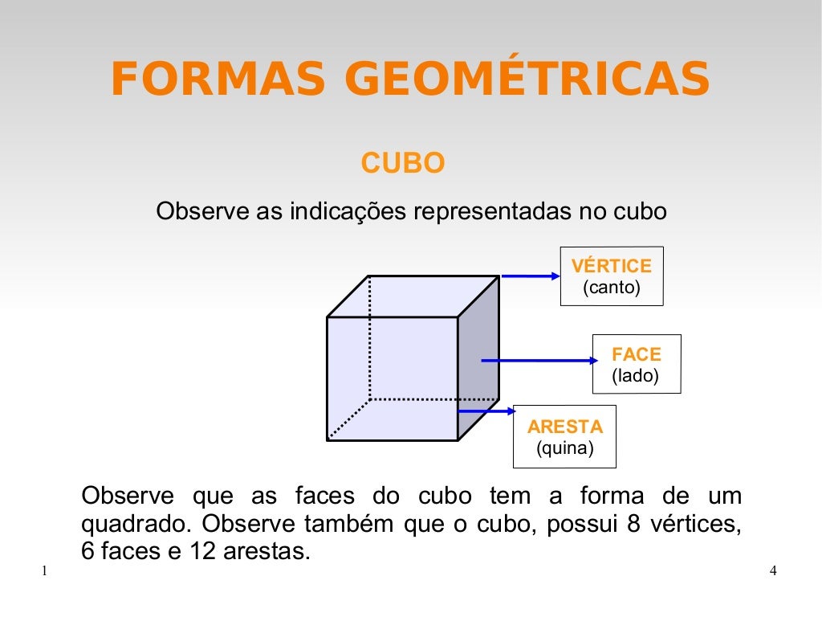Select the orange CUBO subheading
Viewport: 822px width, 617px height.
pos(403,164)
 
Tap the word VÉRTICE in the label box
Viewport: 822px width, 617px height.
pos(611,266)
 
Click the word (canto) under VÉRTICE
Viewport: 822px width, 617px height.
pos(611,288)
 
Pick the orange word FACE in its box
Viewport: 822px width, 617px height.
pos(636,354)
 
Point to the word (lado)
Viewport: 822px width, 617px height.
pos(635,375)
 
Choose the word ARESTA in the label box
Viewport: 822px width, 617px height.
pos(564,427)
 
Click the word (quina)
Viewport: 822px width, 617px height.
pos(564,448)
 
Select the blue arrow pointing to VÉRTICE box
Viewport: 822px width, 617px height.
pos(530,276)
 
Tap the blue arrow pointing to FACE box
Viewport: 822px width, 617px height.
pos(538,361)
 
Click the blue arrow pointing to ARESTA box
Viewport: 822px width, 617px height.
pos(487,411)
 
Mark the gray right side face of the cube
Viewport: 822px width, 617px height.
pos(478,358)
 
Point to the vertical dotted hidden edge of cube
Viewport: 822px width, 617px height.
pos(369,337)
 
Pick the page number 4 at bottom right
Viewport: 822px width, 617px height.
pos(773,571)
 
